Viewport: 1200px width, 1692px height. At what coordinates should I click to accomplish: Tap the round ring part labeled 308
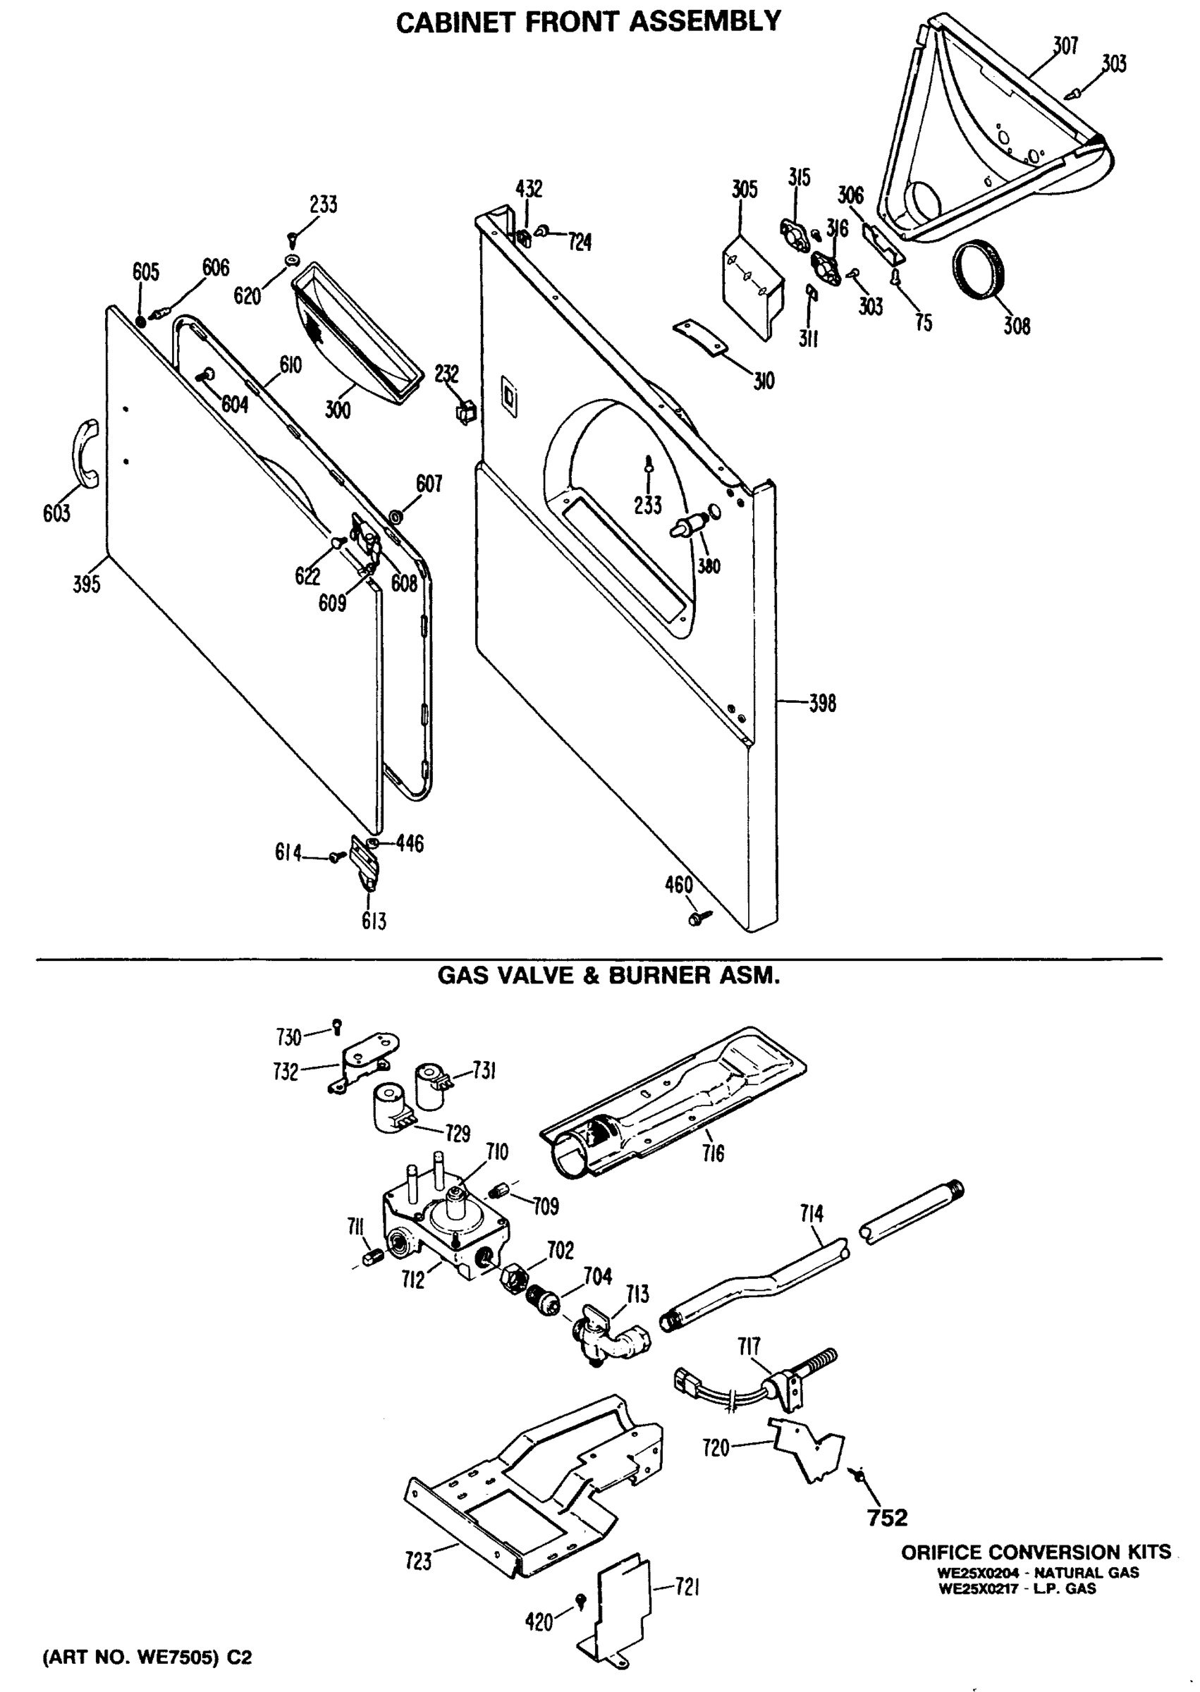(980, 270)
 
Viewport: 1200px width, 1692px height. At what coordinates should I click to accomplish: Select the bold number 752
(887, 1518)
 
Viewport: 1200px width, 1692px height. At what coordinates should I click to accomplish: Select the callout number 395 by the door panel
(87, 584)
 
